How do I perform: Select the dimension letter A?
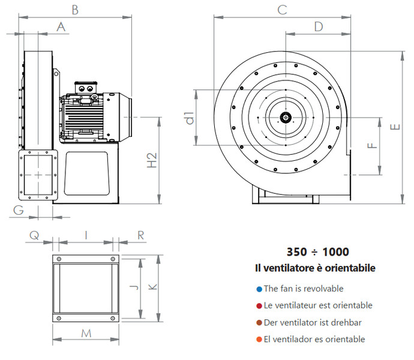point(61,26)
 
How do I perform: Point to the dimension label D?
point(318,26)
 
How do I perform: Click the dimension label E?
point(394,127)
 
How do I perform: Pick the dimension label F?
point(372,145)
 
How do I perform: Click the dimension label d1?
point(190,118)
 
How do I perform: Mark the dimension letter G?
point(19,209)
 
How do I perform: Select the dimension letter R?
point(140,235)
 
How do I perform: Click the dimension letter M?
point(86,333)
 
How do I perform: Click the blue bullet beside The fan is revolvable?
point(259,289)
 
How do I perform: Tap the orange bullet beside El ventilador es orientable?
point(259,339)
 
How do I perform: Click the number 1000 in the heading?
point(335,252)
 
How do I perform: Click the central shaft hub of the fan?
point(287,116)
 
